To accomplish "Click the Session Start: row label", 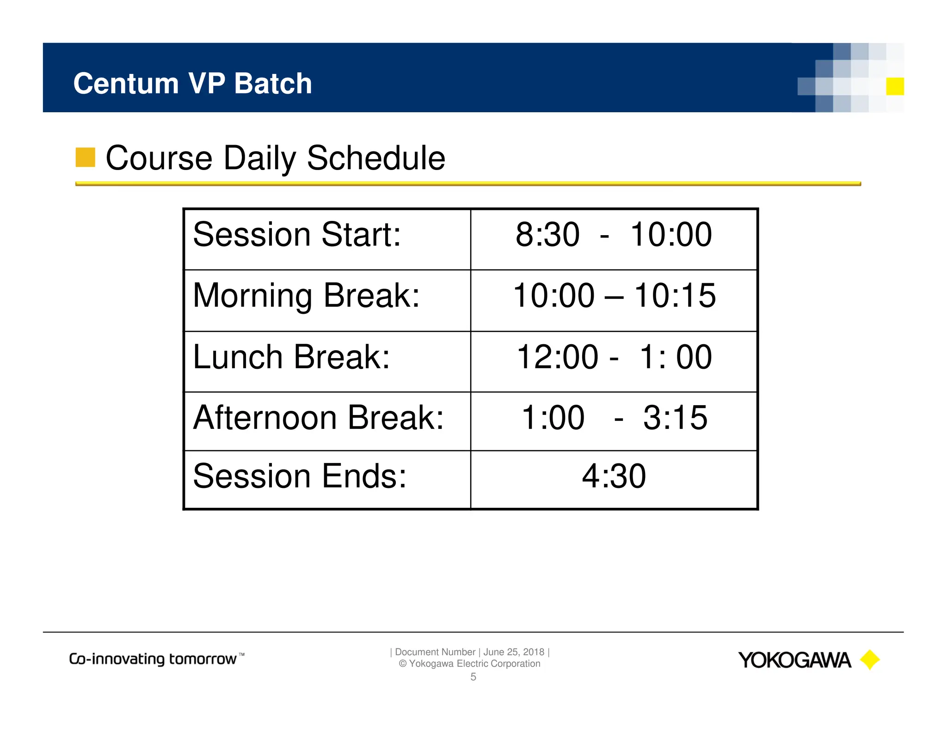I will pos(296,235).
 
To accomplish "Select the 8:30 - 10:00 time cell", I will pos(613,235).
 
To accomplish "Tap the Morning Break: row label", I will pos(306,296).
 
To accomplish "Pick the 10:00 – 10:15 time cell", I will pos(614,296).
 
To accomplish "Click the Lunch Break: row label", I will pos(291,357).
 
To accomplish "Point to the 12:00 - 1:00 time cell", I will pos(614,357).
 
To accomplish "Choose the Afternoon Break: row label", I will pos(318,418).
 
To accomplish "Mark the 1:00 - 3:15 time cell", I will pos(614,418).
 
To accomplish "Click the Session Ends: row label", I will pos(299,476).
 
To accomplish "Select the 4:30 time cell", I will pos(614,476).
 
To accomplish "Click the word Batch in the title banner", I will pos(273,84).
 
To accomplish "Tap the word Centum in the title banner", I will pos(126,84).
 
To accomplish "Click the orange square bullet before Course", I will pos(86,157).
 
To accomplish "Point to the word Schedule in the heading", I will pos(375,158).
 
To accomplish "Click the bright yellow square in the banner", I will pos(895,86).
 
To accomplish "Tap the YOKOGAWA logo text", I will pos(794,660).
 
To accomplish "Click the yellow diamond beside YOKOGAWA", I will pos(870,660).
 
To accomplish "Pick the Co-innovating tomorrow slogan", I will pos(156,659).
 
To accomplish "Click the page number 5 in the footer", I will pos(473,677).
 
